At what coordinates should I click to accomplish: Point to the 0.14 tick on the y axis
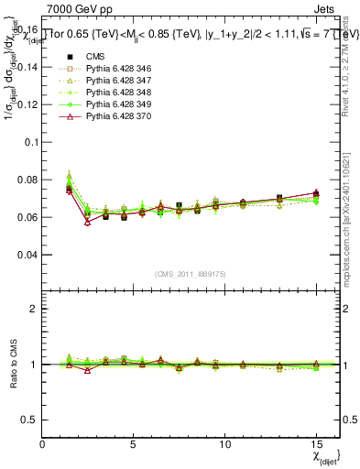[28, 67]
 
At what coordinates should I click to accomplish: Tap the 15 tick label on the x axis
[316, 444]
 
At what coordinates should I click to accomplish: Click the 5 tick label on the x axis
[134, 444]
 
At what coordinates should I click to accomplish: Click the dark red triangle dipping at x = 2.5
[88, 222]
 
